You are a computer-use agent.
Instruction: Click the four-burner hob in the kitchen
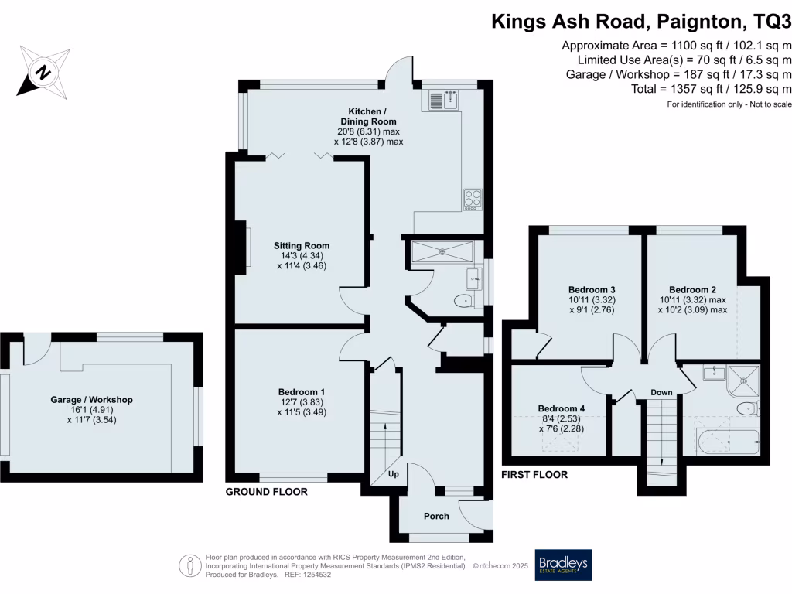click(472, 199)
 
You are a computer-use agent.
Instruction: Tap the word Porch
click(436, 516)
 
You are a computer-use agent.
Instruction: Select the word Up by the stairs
click(393, 474)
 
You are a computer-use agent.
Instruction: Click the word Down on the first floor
click(661, 392)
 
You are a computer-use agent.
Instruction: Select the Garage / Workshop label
click(92, 399)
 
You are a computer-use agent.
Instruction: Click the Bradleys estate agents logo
click(563, 566)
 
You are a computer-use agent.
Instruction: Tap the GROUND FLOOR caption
click(266, 492)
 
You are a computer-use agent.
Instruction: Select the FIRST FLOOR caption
click(534, 474)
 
